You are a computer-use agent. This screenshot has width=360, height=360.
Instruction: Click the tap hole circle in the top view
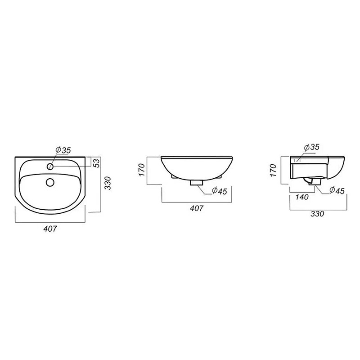coord(50,166)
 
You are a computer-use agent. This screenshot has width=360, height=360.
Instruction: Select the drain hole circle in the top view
coord(50,182)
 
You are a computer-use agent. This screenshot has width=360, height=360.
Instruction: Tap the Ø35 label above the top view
coord(63,150)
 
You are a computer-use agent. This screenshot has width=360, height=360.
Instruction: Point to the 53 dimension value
coord(97,163)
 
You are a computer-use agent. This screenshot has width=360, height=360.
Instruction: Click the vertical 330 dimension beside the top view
coord(108,183)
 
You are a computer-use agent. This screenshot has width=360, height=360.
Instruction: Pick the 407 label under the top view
coord(50,229)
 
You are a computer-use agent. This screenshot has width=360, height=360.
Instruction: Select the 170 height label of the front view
coord(142,170)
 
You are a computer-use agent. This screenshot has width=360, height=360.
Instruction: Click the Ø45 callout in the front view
coord(219,191)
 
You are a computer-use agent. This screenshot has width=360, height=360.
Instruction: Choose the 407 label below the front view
coord(197,208)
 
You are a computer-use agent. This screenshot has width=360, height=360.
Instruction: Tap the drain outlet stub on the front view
coord(197,183)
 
